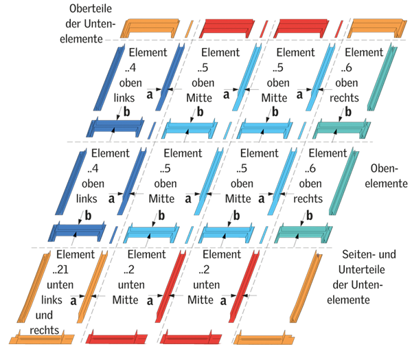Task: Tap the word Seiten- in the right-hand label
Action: pos(357,254)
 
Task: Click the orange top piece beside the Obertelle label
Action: pos(153,30)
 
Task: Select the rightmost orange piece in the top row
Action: pos(375,30)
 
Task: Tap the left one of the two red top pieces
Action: pos(227,30)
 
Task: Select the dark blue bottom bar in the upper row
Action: pos(117,128)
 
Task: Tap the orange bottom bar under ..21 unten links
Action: pos(40,339)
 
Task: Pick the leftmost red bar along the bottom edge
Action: pos(114,339)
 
